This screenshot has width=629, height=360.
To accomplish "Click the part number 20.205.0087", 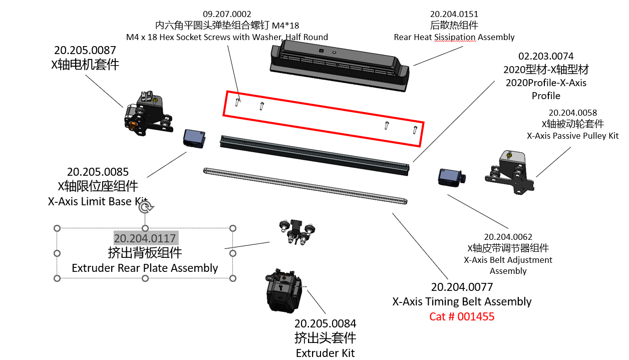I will tap(85, 50).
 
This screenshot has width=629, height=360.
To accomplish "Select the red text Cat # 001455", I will tap(461, 316).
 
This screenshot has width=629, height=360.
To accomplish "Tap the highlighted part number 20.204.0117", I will tap(145, 238).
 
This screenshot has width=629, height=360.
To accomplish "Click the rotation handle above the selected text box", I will tap(145, 207).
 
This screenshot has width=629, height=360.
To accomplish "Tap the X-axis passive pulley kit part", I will tap(507, 171).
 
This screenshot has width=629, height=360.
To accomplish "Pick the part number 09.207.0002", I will tap(227, 14).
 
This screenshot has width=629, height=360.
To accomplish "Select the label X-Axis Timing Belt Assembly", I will tap(461, 301).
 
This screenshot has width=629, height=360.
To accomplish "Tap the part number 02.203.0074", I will tap(545, 56).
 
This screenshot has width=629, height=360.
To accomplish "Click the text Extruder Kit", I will tap(325, 353).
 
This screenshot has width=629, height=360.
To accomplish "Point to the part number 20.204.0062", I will tap(508, 237).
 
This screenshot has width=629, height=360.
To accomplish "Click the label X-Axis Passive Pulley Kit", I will tap(572, 136).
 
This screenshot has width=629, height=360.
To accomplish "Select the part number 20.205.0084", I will tap(325, 323).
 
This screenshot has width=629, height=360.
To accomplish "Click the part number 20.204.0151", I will tap(454, 14).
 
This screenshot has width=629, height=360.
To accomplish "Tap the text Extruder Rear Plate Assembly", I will tap(145, 268).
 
